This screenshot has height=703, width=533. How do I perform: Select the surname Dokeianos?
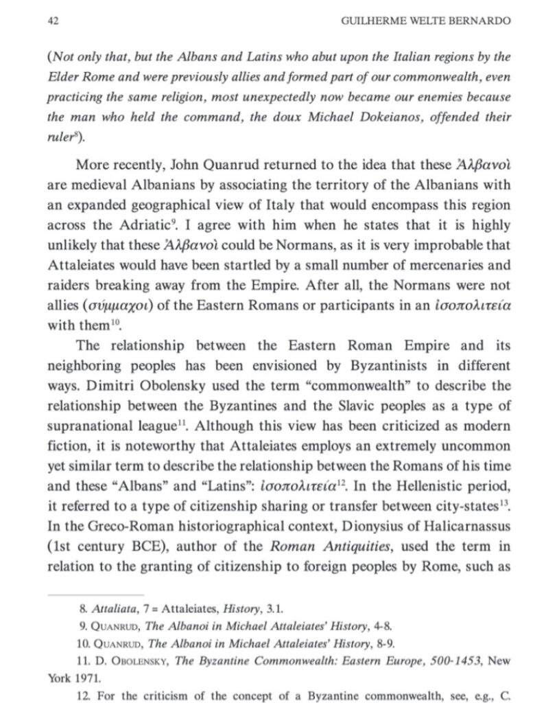tap(357, 117)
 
